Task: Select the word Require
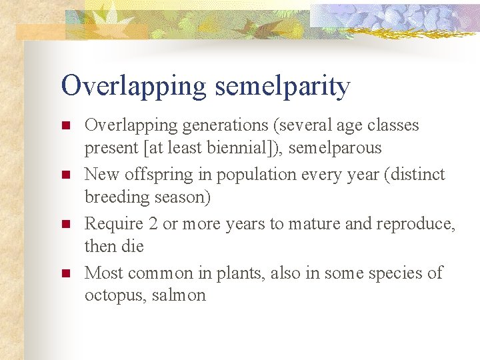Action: click(x=113, y=224)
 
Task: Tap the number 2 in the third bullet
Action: click(x=153, y=224)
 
